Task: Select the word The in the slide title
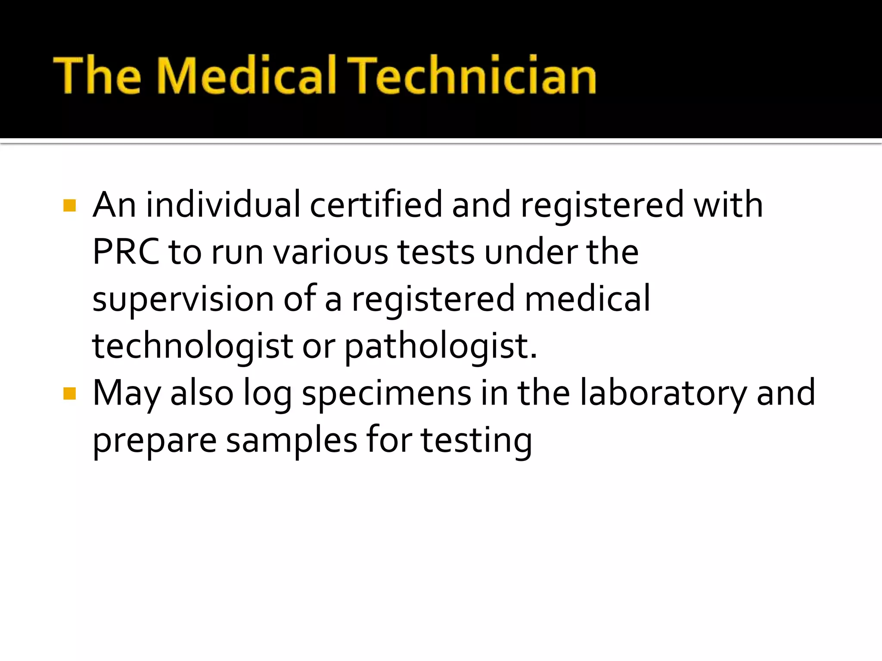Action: (97, 76)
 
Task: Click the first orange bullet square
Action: (69, 205)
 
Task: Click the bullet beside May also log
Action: (69, 393)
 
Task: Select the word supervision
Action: (183, 300)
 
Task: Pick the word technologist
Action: (193, 347)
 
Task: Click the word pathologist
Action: (440, 347)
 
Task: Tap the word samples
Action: (292, 441)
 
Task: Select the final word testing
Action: (476, 441)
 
